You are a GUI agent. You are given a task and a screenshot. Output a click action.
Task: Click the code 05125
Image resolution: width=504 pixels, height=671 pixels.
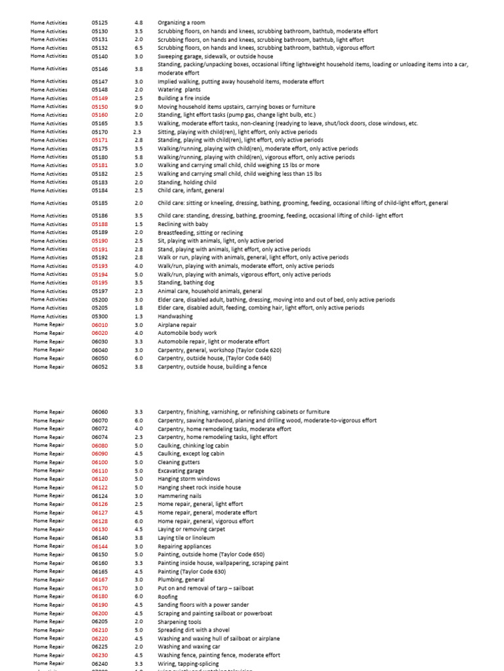pos(100,22)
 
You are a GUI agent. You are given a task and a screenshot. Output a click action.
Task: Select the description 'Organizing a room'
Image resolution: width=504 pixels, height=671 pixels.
pos(182,22)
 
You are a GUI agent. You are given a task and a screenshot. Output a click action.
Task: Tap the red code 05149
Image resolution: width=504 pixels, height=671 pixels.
pos(100,98)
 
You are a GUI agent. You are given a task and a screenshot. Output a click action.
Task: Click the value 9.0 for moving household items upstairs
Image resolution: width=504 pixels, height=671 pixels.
pos(138,107)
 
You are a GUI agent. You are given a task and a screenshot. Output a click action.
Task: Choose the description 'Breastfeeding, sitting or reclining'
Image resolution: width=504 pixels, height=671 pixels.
pos(200,233)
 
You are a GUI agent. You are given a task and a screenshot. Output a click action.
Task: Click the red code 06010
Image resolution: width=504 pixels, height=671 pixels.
pos(100,325)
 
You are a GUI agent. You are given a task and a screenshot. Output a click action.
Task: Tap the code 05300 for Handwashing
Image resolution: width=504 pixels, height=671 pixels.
pos(100,316)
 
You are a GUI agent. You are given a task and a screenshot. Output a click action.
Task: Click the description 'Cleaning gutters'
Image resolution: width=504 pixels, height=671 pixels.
pos(179,463)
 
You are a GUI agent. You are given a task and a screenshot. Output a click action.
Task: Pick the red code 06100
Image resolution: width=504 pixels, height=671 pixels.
pos(100,463)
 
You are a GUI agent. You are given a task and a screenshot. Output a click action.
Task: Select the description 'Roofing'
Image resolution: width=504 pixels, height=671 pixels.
pos(168,597)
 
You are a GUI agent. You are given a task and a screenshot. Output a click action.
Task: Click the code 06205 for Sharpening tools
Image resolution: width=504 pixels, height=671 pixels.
pos(100,622)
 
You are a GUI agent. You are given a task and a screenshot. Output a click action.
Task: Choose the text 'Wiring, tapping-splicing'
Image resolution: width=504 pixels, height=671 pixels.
pos(188,664)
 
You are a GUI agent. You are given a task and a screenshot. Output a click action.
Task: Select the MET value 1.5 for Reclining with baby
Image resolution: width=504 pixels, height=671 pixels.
pos(138,224)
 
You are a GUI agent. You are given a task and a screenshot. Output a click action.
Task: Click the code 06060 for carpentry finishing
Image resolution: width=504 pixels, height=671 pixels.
pos(100,412)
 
